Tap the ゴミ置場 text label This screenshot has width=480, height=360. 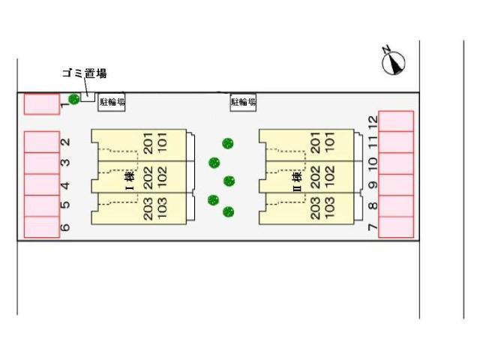[84, 73]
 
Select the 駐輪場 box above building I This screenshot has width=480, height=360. [112, 102]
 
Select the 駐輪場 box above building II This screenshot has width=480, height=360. [243, 102]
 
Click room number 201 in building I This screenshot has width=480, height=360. [148, 142]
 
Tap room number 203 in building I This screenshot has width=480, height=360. [148, 208]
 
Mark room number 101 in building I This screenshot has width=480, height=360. [162, 142]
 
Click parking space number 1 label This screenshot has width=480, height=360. [65, 105]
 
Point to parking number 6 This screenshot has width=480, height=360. [65, 226]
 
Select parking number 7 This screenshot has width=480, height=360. [373, 226]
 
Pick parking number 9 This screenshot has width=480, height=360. [373, 184]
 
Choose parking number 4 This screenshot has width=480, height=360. [65, 184]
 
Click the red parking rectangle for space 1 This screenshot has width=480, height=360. [41, 104]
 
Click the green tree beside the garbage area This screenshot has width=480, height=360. [73, 99]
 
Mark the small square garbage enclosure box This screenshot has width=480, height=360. [88, 96]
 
